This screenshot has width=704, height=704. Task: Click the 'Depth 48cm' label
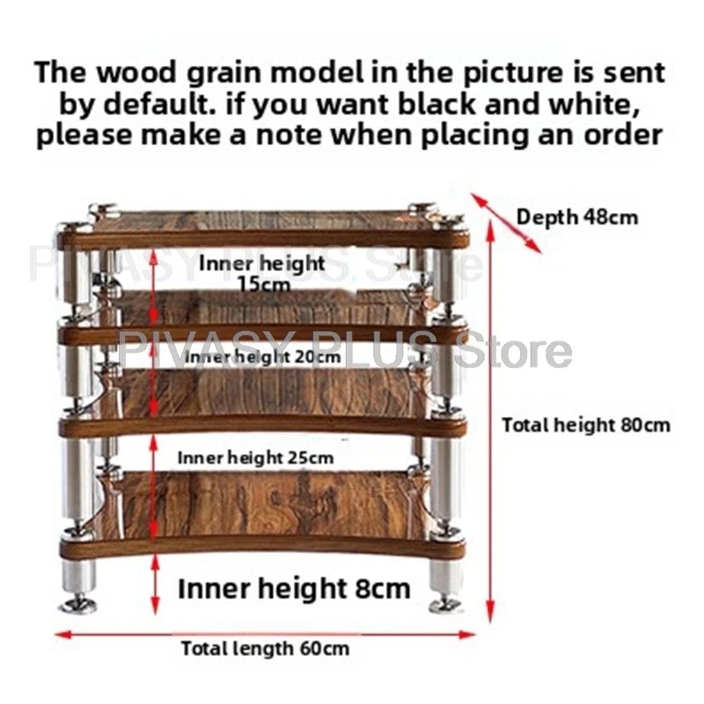click(x=577, y=217)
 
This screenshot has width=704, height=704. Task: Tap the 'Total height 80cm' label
click(x=586, y=425)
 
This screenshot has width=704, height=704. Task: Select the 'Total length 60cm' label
click(x=265, y=649)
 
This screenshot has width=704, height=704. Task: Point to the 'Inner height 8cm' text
click(x=294, y=589)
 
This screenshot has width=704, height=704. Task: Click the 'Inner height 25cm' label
click(x=255, y=458)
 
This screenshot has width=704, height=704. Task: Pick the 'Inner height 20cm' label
click(x=262, y=357)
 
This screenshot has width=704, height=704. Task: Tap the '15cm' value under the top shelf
click(x=264, y=283)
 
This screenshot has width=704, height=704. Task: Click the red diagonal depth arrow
click(x=506, y=224)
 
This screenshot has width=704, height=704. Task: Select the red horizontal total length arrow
click(x=265, y=634)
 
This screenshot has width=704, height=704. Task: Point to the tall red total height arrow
click(x=490, y=422)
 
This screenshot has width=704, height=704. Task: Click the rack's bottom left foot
click(x=79, y=604)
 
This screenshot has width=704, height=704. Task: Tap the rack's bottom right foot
click(x=446, y=605)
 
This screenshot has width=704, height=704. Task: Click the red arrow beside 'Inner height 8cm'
click(x=155, y=583)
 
